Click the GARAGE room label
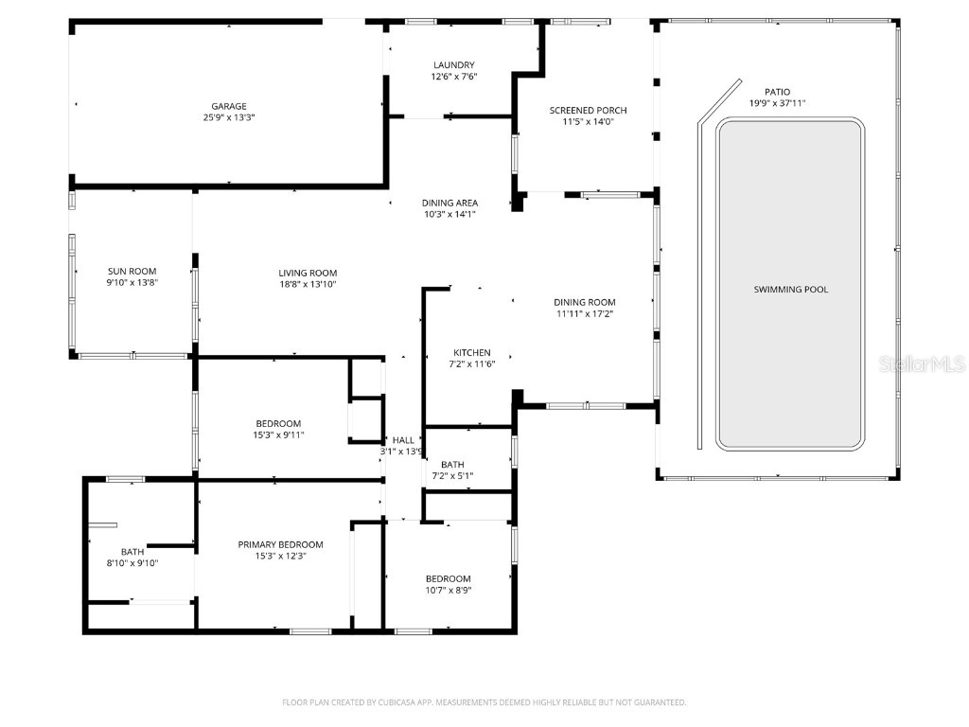click(x=228, y=106)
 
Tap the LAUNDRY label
click(x=453, y=64)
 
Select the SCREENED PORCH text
click(x=588, y=110)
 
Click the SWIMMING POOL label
click(x=790, y=289)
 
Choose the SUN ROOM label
click(x=132, y=271)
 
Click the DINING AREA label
click(x=449, y=203)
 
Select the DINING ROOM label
click(x=584, y=302)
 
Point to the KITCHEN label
click(x=471, y=352)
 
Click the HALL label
click(x=403, y=440)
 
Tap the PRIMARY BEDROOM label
click(x=280, y=544)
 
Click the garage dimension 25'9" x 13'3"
click(x=228, y=117)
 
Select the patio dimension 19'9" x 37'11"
click(x=777, y=103)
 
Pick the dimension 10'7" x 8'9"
click(x=448, y=590)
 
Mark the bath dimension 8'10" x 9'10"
click(x=132, y=563)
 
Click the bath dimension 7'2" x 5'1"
click(x=452, y=475)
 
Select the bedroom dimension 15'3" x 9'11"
click(x=278, y=434)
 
